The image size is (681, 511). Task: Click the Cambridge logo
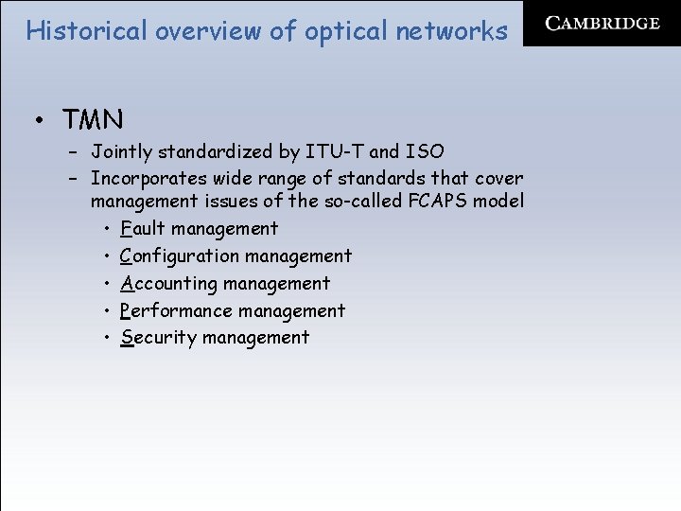[x=602, y=24]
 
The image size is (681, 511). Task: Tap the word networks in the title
[x=452, y=31]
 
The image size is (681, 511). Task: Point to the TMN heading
[x=93, y=120]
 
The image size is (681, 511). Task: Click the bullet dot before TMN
[x=41, y=121]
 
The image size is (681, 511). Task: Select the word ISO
[x=425, y=151]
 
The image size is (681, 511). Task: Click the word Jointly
[x=119, y=151]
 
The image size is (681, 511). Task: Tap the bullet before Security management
[x=110, y=338]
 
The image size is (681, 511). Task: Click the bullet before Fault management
[x=110, y=228]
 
